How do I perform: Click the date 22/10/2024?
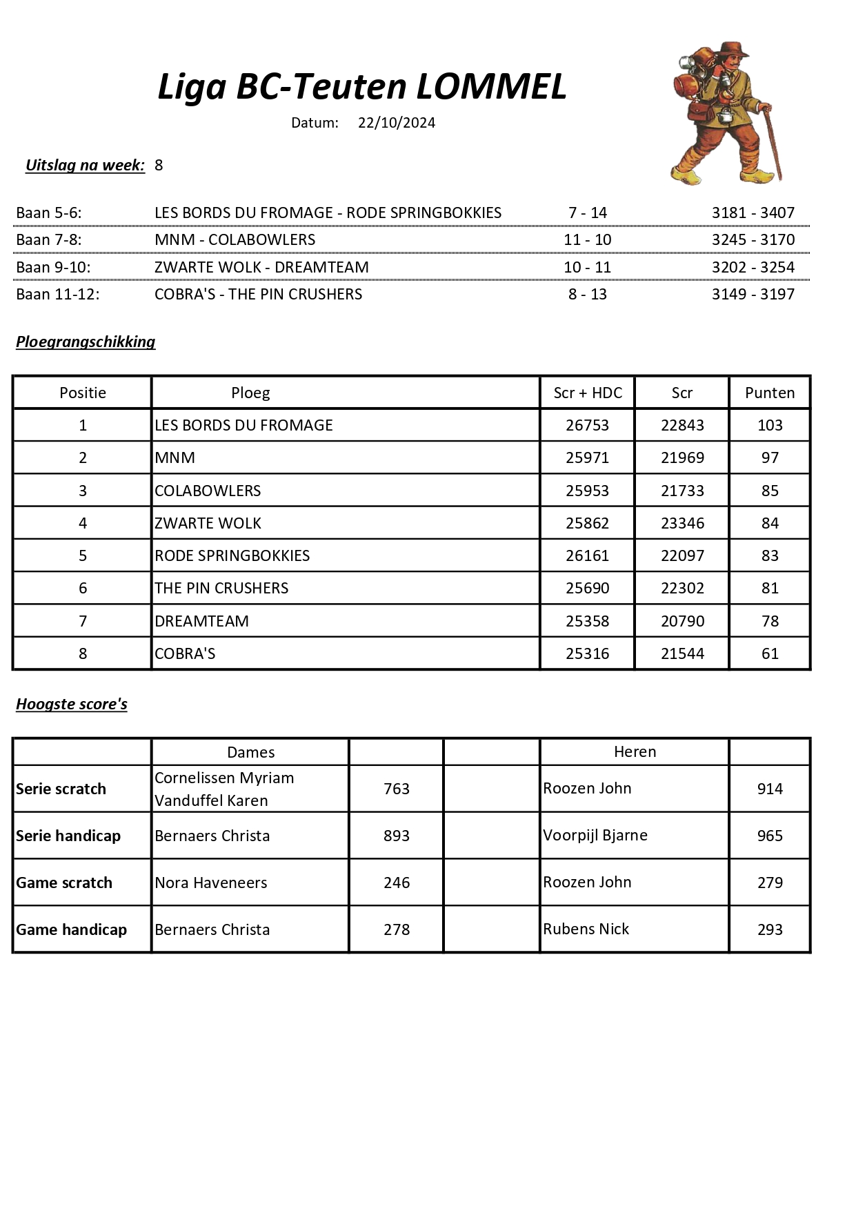397,123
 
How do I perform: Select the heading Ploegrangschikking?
86,342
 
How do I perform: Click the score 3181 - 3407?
753,213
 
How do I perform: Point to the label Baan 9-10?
53,267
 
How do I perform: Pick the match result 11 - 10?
587,239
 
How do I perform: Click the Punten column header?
769,393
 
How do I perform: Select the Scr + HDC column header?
588,393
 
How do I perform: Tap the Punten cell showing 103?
770,425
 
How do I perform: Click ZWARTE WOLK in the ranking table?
208,523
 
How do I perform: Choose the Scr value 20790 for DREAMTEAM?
682,621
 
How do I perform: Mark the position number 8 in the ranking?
83,653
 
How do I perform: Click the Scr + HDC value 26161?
587,555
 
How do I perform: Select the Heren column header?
635,751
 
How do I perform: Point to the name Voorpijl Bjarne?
595,835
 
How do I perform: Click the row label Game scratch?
64,883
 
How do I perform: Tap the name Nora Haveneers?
210,883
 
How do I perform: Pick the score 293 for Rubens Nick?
770,929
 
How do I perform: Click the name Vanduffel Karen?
211,800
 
